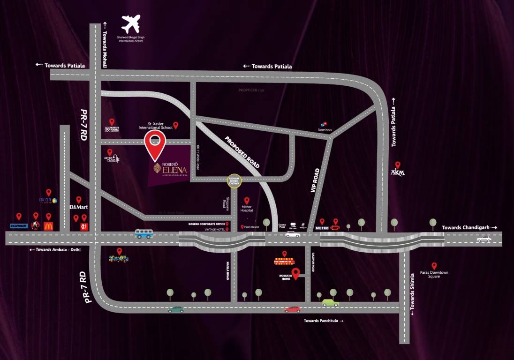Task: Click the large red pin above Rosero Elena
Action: pos(155,144)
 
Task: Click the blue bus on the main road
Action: pos(144,233)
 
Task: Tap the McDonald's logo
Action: pos(48,226)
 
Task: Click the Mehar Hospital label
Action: pos(247,208)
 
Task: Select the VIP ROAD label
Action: pos(316,180)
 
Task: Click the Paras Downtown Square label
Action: pos(434,274)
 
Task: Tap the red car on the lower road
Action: pos(293,309)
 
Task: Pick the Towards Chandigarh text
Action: pos(466,227)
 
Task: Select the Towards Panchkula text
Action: pos(321,321)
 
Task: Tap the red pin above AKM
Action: pos(398,165)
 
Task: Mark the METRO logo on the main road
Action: pos(322,228)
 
